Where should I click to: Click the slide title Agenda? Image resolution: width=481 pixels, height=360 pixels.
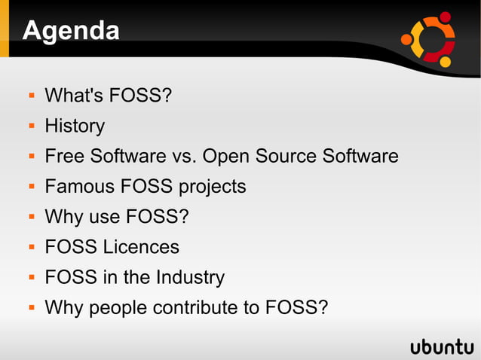tap(71, 31)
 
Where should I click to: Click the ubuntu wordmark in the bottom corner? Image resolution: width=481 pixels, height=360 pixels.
tap(442, 346)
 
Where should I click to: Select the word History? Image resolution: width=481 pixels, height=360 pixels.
tap(75, 126)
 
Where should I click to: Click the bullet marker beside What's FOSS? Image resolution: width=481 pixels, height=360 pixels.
tap(32, 96)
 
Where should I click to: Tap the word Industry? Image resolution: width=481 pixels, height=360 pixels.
tap(190, 277)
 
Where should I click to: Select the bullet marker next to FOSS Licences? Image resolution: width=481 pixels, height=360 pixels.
tap(32, 247)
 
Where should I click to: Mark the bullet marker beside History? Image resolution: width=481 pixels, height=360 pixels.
tap(32, 126)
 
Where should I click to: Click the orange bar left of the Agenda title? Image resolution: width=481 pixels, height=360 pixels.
tap(5, 30)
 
